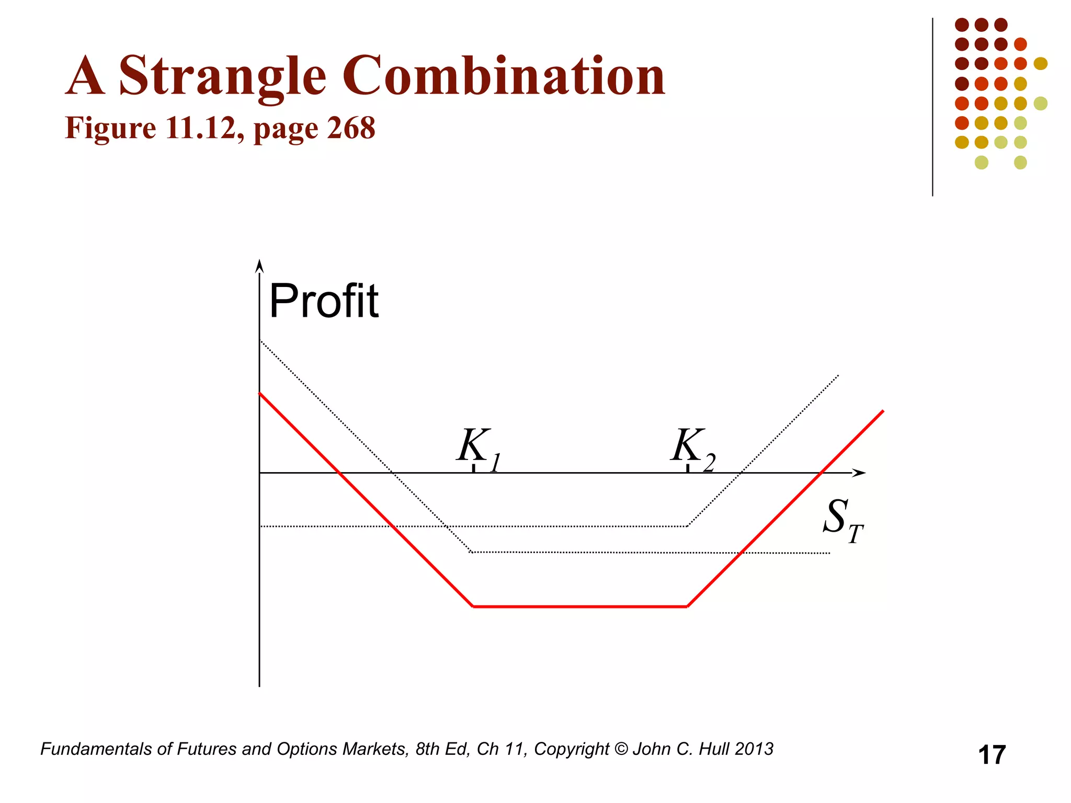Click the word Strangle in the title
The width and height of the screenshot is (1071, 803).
[223, 77]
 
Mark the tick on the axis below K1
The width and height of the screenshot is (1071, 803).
[473, 468]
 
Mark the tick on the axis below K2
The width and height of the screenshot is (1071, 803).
[688, 468]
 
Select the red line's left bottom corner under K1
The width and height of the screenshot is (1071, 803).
[473, 606]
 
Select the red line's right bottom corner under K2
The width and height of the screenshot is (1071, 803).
[687, 606]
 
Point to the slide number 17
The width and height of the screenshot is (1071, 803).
[992, 755]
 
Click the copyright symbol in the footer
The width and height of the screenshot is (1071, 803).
[621, 749]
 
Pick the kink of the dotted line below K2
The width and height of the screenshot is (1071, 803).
[687, 526]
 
